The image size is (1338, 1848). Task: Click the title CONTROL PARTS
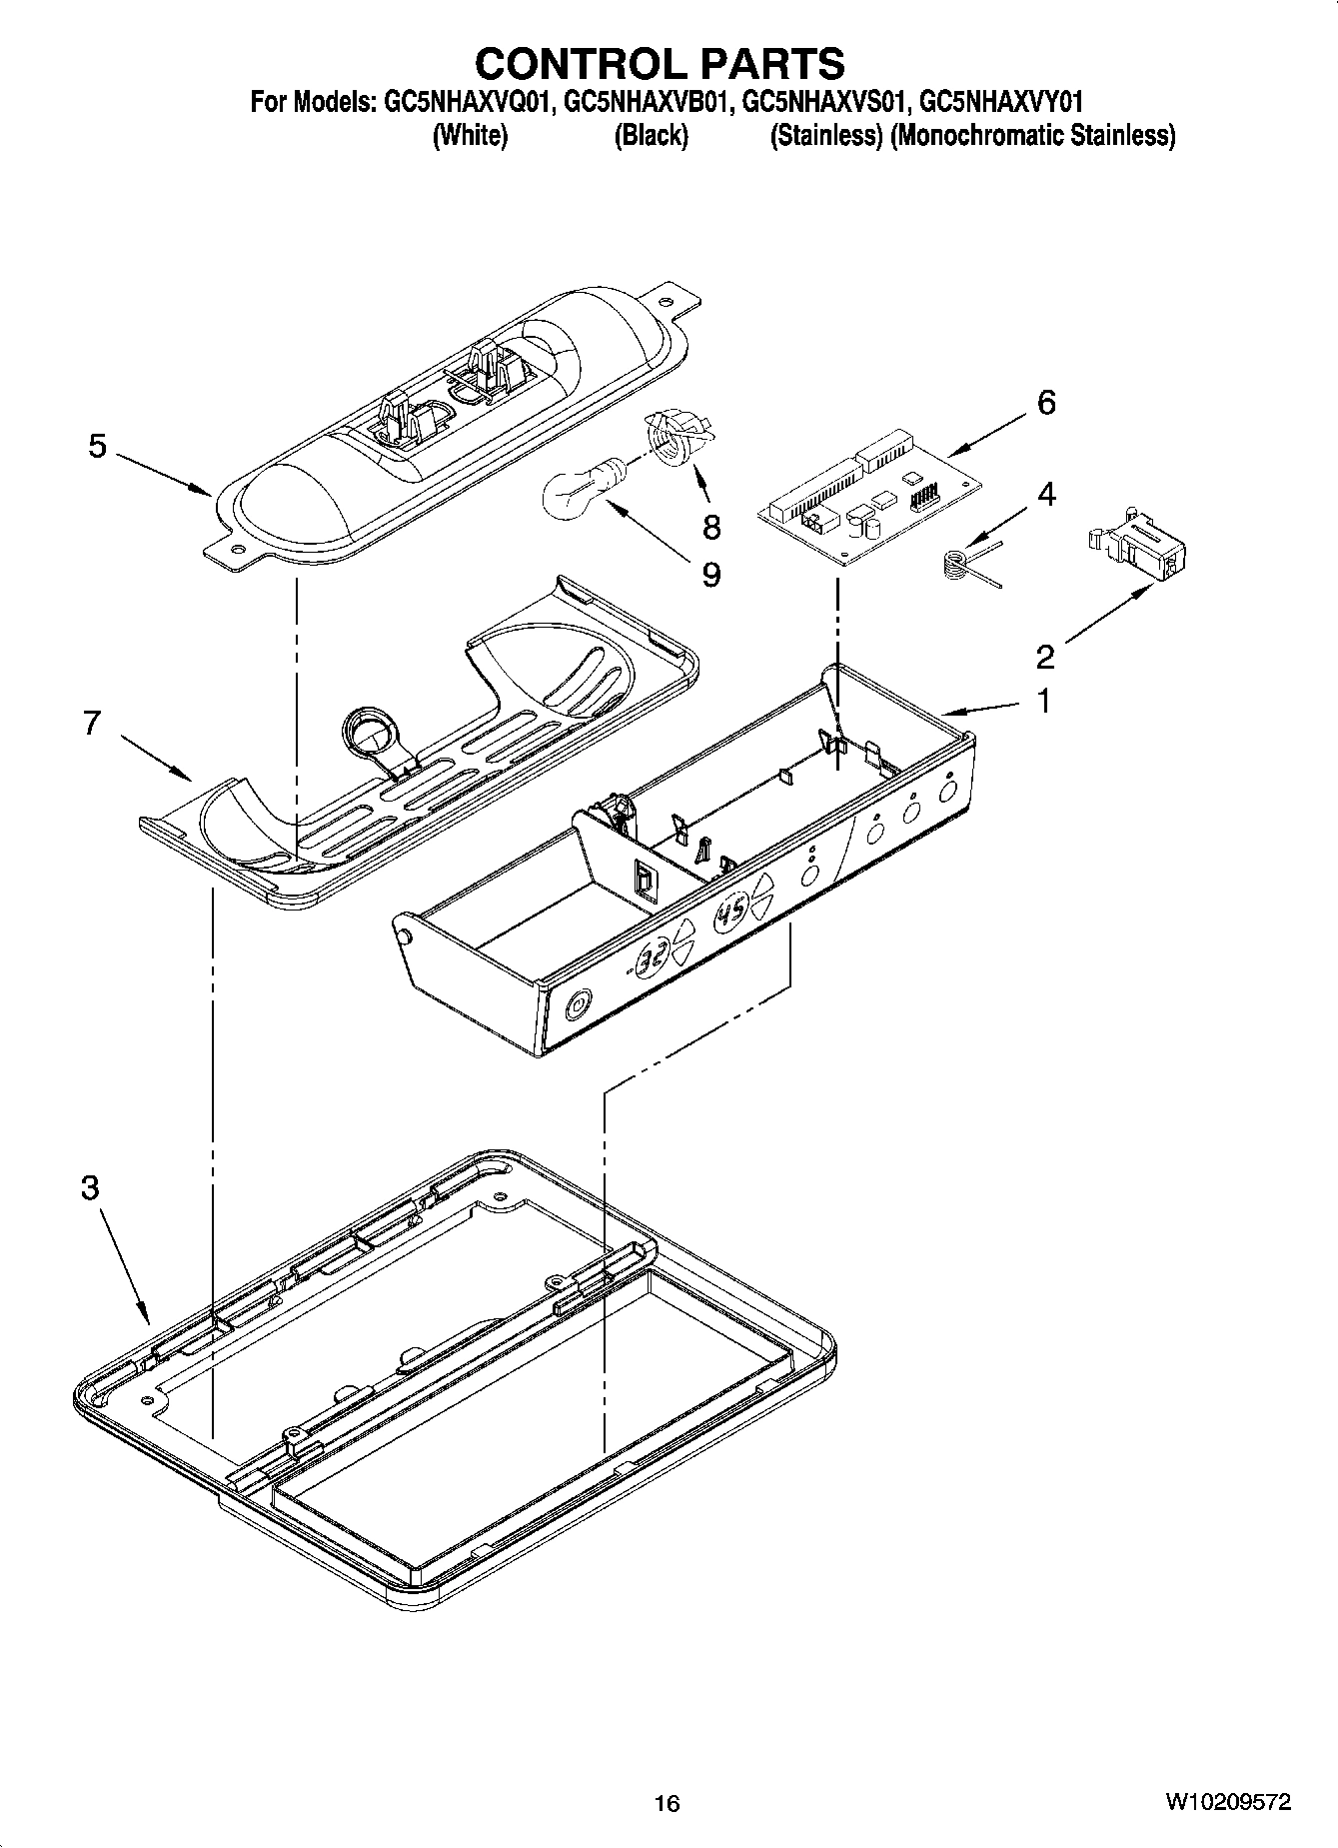click(x=660, y=63)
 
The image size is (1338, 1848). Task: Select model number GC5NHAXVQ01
click(x=468, y=102)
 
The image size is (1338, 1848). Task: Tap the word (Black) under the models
click(x=651, y=135)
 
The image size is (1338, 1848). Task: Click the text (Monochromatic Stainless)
click(x=1032, y=135)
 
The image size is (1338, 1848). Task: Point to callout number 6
click(x=1045, y=403)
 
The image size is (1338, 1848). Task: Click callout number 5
click(x=97, y=446)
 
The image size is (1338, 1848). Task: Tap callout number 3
click(x=90, y=1188)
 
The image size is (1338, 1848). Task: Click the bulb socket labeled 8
click(x=675, y=439)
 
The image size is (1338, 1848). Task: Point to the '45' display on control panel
click(x=731, y=914)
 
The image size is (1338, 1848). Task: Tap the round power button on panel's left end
click(x=578, y=1003)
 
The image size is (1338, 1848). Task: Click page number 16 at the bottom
click(x=667, y=1803)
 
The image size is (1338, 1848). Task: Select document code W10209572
click(x=1227, y=1802)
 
